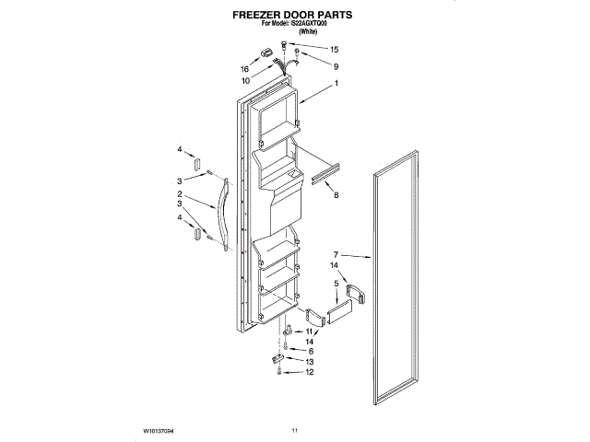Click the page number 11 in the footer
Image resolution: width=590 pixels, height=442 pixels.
(295, 430)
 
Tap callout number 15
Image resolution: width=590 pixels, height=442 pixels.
(334, 49)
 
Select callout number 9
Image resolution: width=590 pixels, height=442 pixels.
(336, 66)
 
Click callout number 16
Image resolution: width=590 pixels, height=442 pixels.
(246, 68)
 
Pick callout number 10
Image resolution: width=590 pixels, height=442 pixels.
(246, 80)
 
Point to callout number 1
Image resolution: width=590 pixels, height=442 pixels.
(336, 85)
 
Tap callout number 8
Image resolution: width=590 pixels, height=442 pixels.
(336, 195)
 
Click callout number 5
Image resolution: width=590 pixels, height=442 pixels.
(336, 284)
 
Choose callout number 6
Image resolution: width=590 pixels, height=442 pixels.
(310, 351)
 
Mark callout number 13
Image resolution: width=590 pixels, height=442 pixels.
(310, 362)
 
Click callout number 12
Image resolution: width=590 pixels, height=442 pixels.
(310, 373)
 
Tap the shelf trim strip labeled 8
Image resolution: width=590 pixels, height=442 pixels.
(324, 173)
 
